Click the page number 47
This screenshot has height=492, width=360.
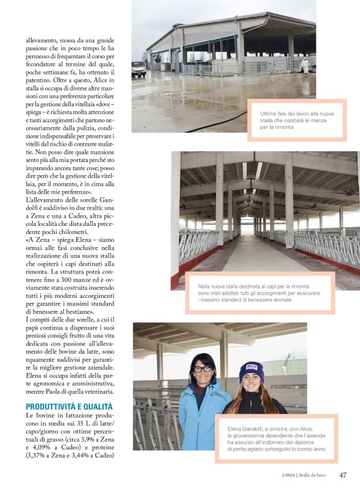[343, 475]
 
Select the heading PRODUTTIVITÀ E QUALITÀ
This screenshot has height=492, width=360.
[69, 406]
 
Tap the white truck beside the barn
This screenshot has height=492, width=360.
[138, 68]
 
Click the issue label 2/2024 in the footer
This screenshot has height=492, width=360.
[288, 476]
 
